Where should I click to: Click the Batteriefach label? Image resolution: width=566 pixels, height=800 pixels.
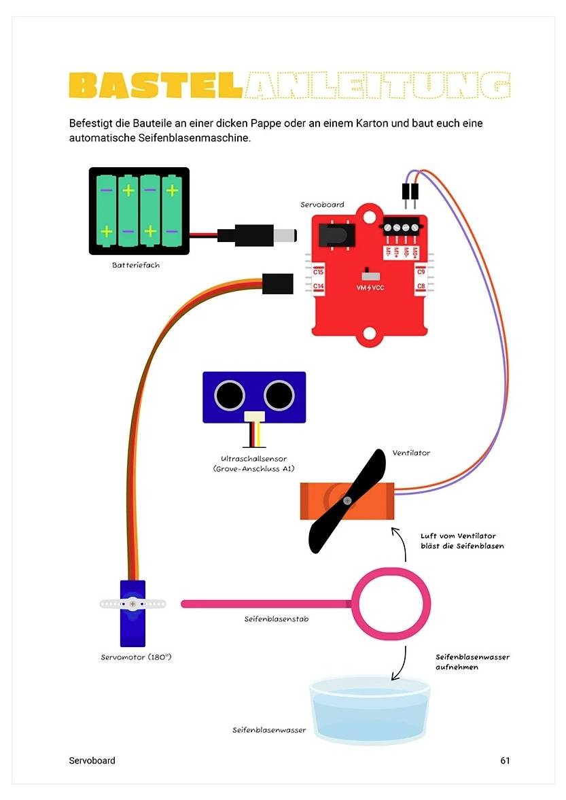[136, 265]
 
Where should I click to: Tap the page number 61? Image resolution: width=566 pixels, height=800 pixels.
[505, 761]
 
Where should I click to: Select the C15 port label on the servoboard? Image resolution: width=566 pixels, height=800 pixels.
[318, 272]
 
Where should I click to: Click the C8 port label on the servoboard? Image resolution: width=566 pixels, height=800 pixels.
[421, 287]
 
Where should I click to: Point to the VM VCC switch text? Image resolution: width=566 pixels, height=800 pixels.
[371, 288]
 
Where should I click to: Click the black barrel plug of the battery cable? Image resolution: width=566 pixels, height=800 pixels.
[259, 235]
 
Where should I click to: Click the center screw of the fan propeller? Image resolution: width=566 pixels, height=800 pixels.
[347, 500]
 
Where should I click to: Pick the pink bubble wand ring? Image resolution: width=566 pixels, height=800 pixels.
[390, 603]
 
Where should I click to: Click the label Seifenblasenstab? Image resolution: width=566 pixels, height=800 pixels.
[276, 619]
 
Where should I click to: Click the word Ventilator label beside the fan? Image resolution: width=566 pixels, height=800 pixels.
[411, 453]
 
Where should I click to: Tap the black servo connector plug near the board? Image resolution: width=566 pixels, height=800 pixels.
[277, 283]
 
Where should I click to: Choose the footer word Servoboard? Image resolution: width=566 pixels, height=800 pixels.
[92, 761]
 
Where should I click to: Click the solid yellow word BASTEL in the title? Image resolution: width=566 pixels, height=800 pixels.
[156, 86]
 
